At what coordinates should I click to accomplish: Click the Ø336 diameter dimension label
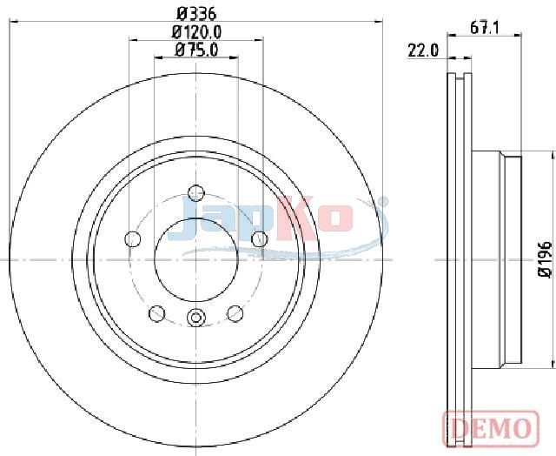196,14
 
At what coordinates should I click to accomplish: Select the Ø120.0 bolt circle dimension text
196,32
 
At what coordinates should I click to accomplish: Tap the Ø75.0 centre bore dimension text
196,50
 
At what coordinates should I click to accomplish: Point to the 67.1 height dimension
485,27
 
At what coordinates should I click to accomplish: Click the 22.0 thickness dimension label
423,50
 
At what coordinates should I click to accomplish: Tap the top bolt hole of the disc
196,193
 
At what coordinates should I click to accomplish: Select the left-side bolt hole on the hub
133,238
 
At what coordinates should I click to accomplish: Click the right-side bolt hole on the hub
259,238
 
